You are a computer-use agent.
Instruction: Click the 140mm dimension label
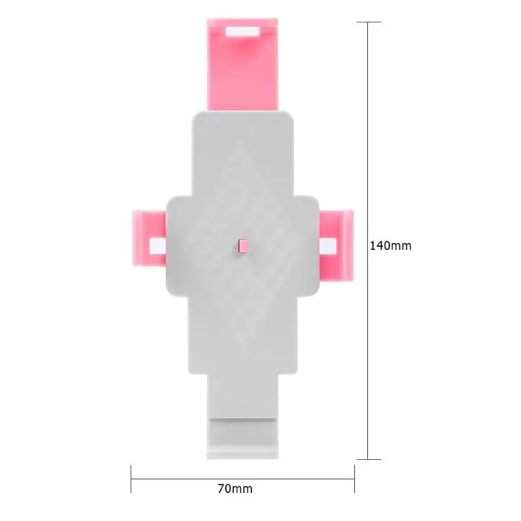point(390,246)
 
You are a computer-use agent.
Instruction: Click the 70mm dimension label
point(235,489)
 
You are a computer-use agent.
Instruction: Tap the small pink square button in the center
point(243,246)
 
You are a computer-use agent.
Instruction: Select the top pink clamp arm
point(242,64)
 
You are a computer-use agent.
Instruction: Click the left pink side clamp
point(149,238)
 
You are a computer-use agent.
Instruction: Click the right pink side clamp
point(336,246)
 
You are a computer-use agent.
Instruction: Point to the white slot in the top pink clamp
point(242,31)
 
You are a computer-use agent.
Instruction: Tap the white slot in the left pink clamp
point(158,246)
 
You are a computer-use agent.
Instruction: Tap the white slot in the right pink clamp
point(328,246)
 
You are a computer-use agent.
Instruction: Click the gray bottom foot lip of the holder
point(242,438)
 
